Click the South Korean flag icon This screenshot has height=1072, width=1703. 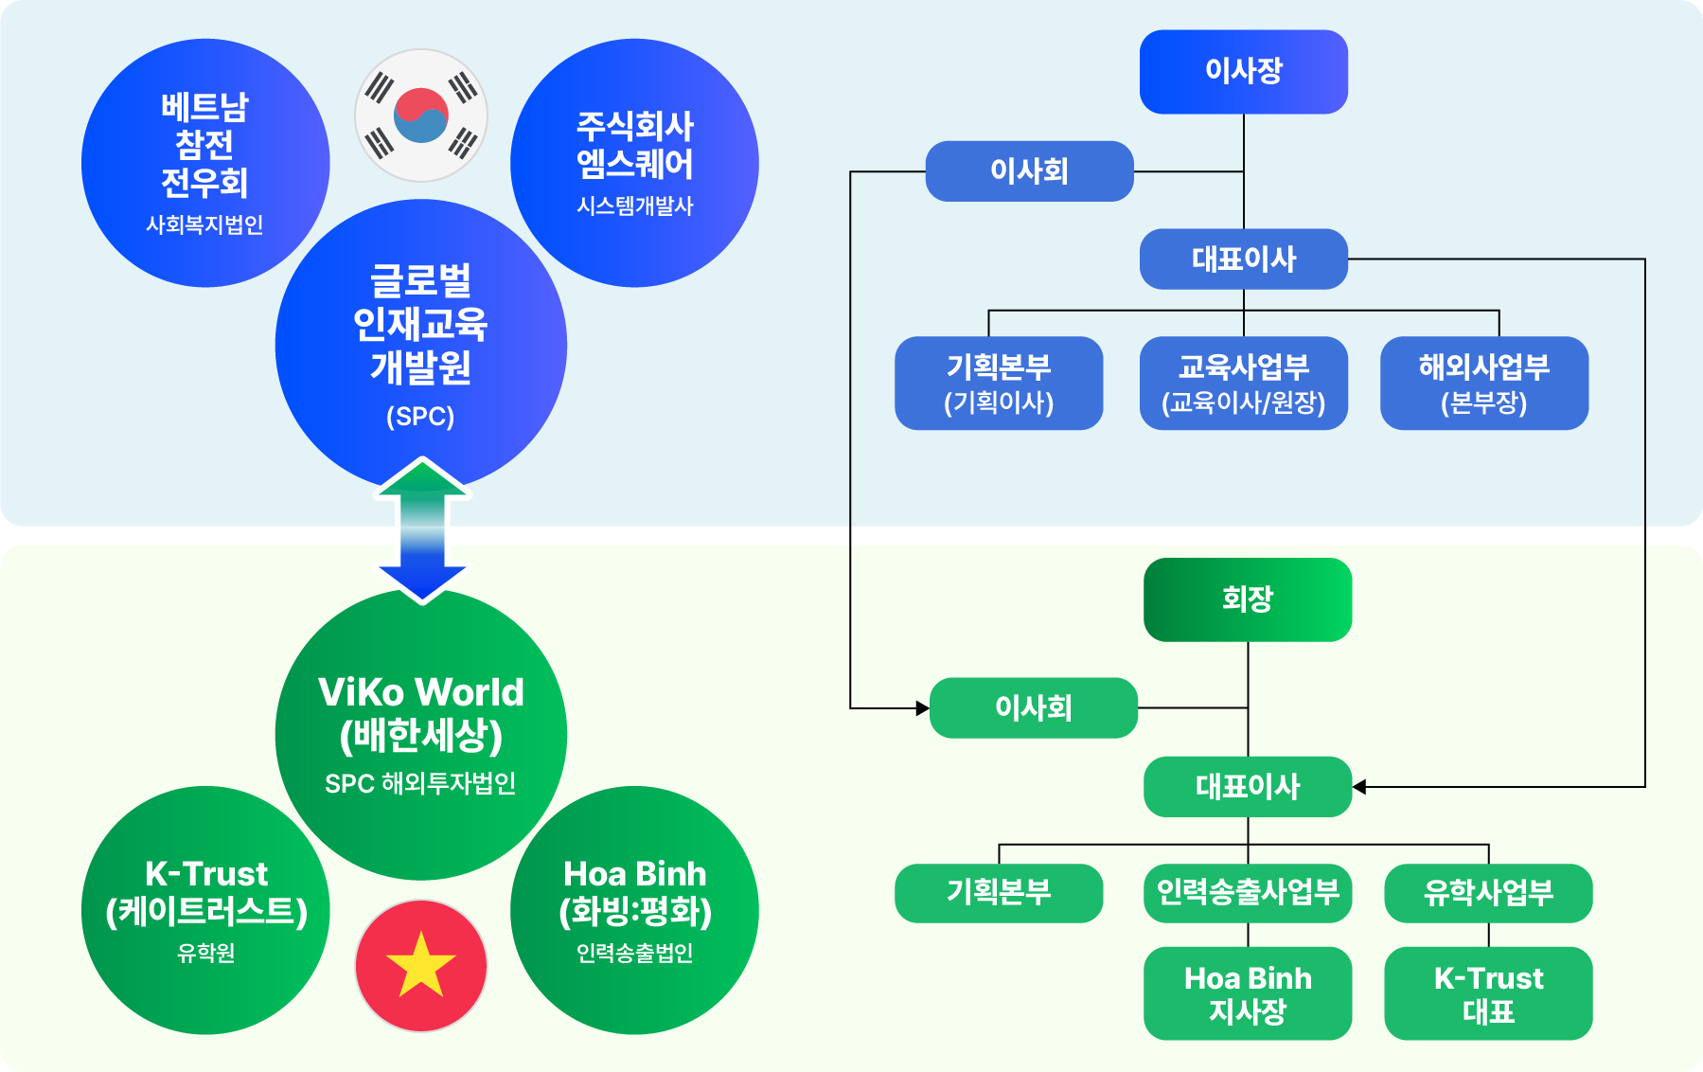(x=421, y=116)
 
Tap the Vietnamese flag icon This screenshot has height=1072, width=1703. (x=421, y=965)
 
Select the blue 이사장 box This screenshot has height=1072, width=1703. (x=1243, y=72)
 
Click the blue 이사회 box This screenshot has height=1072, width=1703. (x=1029, y=171)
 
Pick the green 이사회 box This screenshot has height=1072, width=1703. (x=1033, y=707)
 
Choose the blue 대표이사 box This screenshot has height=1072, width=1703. (x=1243, y=259)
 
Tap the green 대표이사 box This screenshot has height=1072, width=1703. (x=1248, y=787)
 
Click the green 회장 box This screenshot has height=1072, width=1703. (x=1248, y=599)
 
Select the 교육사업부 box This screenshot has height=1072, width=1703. (x=1243, y=383)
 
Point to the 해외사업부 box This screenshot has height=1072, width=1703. (x=1483, y=383)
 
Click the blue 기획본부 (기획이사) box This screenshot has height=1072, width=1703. (x=999, y=383)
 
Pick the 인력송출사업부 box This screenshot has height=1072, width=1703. (x=1248, y=892)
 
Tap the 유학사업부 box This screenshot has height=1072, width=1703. (x=1488, y=892)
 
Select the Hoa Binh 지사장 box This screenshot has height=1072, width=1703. (x=1248, y=993)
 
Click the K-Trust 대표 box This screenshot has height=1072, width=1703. (x=1488, y=993)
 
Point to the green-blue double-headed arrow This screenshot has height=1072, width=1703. (x=422, y=530)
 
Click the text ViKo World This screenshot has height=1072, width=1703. (x=421, y=692)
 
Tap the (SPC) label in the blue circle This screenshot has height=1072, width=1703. (x=420, y=417)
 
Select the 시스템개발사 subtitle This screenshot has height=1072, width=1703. (x=635, y=205)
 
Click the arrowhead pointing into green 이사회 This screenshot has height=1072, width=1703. (x=922, y=707)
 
